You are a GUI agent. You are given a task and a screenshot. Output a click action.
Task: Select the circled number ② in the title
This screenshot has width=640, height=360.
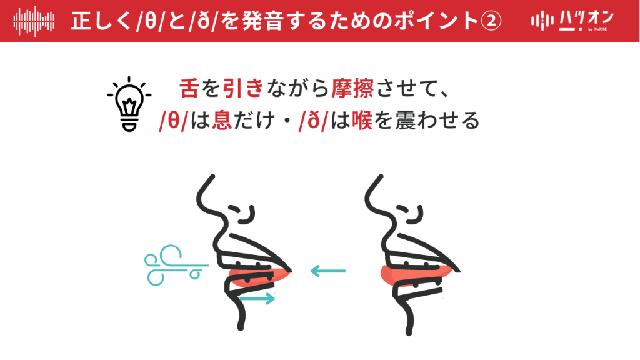click(490, 21)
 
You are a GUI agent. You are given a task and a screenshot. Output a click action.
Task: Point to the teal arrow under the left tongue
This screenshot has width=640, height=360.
click(257, 299)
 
